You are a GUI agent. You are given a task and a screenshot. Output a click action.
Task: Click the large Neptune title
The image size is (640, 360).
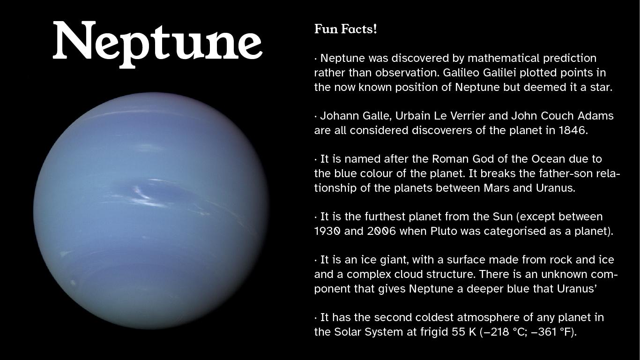click(157, 42)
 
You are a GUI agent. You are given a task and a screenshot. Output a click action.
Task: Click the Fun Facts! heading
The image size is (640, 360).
click(345, 29)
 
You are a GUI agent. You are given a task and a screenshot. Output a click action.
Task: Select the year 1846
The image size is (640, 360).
click(572, 130)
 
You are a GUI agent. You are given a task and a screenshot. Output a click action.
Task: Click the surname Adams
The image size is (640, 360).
click(596, 116)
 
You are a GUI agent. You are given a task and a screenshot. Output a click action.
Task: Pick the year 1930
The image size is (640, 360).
click(327, 231)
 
